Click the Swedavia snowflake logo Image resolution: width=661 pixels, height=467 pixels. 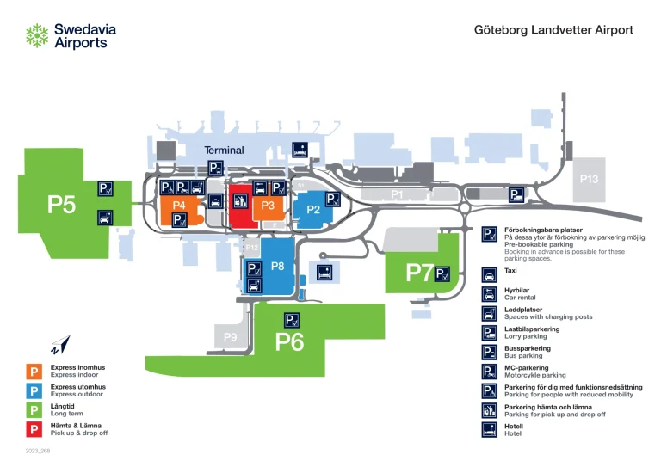click(37, 35)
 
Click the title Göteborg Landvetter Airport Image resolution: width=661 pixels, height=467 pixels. click(553, 30)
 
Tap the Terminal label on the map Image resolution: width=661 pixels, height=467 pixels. click(224, 151)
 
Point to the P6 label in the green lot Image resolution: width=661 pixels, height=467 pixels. click(289, 342)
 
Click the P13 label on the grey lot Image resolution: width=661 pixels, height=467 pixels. click(589, 180)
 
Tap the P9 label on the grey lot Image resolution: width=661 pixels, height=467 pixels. click(230, 337)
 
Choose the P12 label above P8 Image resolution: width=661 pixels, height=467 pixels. click(252, 248)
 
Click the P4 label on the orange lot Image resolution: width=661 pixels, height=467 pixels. click(179, 205)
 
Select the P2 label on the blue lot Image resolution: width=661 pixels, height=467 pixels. click(313, 209)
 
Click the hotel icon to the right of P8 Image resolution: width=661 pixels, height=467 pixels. click(325, 273)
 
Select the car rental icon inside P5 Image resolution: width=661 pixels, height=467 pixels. click(105, 218)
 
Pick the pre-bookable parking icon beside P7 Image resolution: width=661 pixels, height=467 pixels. click(442, 274)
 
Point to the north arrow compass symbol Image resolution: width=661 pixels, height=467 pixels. click(58, 346)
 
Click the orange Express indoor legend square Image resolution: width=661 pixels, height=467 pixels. click(35, 372)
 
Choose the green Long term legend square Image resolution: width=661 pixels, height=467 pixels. click(35, 410)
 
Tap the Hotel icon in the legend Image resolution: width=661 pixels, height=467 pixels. click(489, 429)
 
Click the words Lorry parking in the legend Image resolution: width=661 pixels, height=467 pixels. click(526, 336)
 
